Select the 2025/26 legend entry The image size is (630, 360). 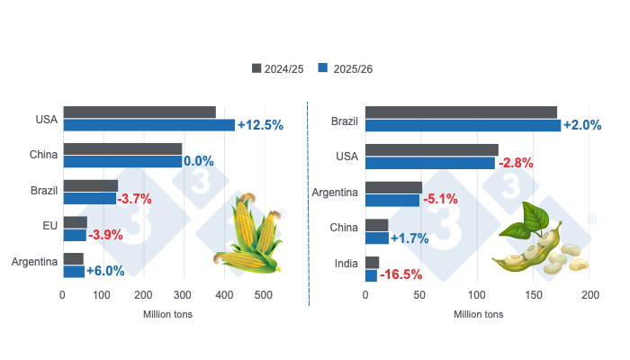(x=353, y=68)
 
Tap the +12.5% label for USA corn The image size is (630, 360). (x=260, y=125)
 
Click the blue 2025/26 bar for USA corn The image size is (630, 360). (x=148, y=125)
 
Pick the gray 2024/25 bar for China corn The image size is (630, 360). (x=122, y=148)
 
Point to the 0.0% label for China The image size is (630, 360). (x=198, y=162)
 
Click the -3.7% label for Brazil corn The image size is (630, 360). (x=135, y=199)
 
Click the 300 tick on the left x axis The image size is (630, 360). (x=183, y=295)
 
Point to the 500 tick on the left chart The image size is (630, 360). (x=263, y=295)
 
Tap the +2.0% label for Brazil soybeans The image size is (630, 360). (x=581, y=125)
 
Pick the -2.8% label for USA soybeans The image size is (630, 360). (x=515, y=163)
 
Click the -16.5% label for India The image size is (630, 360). (x=401, y=274)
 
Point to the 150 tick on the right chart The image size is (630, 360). (x=534, y=295)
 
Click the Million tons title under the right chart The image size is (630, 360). (x=479, y=315)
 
